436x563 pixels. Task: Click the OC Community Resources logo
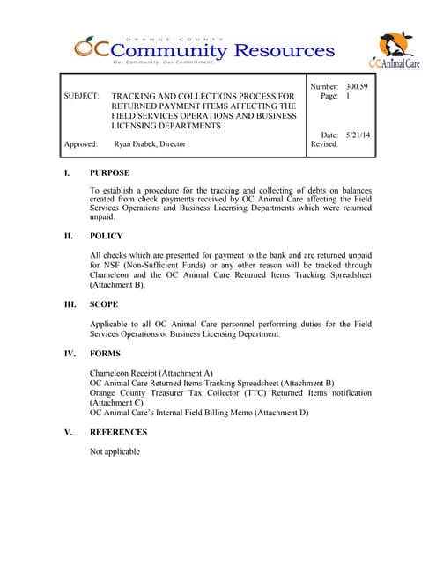pos(203,50)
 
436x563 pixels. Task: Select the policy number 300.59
pos(357,87)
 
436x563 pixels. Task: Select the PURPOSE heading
pos(110,173)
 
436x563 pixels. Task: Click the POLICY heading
pos(107,236)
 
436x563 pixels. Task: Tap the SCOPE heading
pos(106,303)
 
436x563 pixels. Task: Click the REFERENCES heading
pos(119,433)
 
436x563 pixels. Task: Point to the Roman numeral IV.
pos(69,354)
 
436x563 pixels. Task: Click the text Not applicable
pos(115,452)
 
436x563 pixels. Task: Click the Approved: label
pos(80,143)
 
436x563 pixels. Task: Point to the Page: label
pos(328,96)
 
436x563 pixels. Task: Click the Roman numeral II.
pos(68,236)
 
